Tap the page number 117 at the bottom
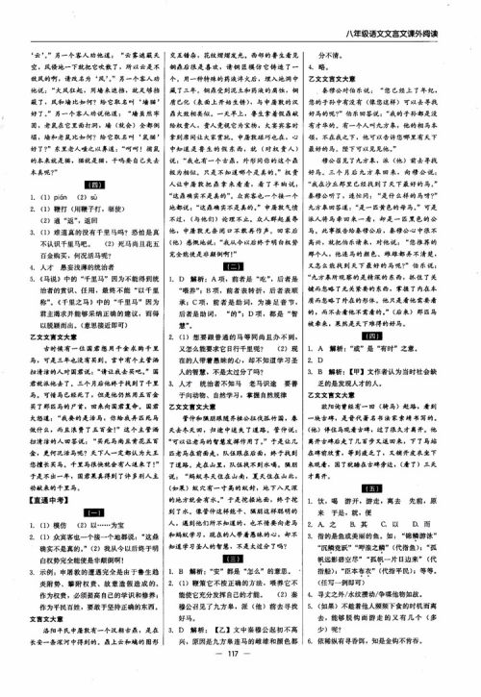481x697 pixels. [x=240, y=677]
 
